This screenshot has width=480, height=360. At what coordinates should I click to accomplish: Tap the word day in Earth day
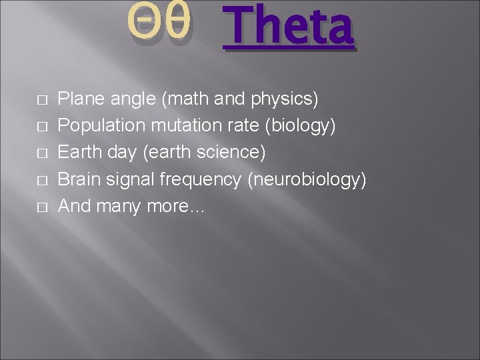click(x=121, y=153)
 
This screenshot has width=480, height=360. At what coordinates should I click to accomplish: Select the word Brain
click(x=77, y=180)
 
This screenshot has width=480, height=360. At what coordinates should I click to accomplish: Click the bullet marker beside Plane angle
click(x=41, y=101)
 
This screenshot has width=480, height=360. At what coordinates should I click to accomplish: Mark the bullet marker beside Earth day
click(x=41, y=154)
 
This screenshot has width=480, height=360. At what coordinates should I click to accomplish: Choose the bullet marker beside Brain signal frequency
click(x=41, y=181)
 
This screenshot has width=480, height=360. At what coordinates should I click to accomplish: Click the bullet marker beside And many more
click(x=41, y=207)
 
